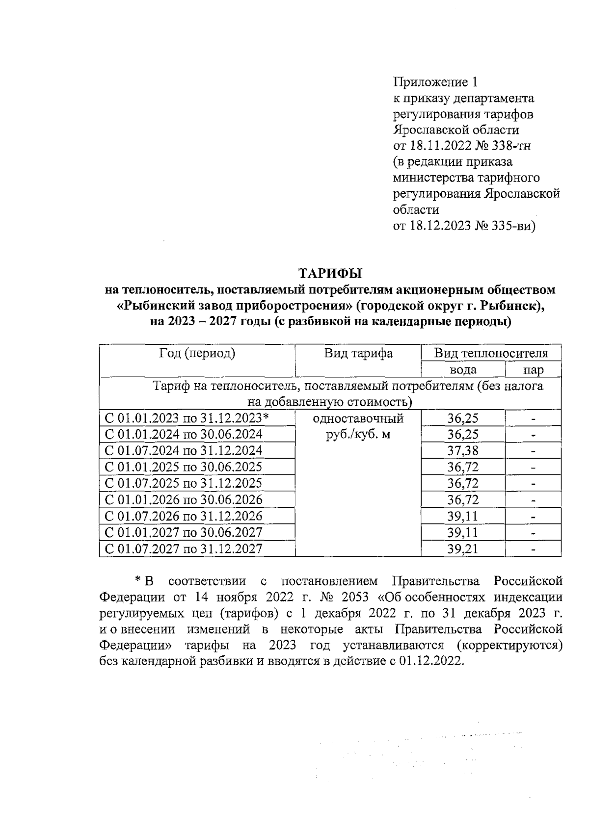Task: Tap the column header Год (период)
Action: [197, 353]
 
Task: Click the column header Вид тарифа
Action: [358, 353]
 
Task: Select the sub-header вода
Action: [463, 369]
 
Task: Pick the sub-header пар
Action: [533, 369]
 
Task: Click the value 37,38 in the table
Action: [462, 450]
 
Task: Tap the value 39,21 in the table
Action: [462, 548]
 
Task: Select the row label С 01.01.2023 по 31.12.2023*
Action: [187, 418]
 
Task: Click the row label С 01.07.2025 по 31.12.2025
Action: [184, 483]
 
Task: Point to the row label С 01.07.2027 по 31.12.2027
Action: [184, 548]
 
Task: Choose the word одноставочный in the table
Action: [358, 418]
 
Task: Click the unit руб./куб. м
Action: [358, 435]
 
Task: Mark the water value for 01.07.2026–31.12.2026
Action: [462, 516]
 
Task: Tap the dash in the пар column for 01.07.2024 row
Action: [533, 451]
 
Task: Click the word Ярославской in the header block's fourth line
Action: [431, 130]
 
